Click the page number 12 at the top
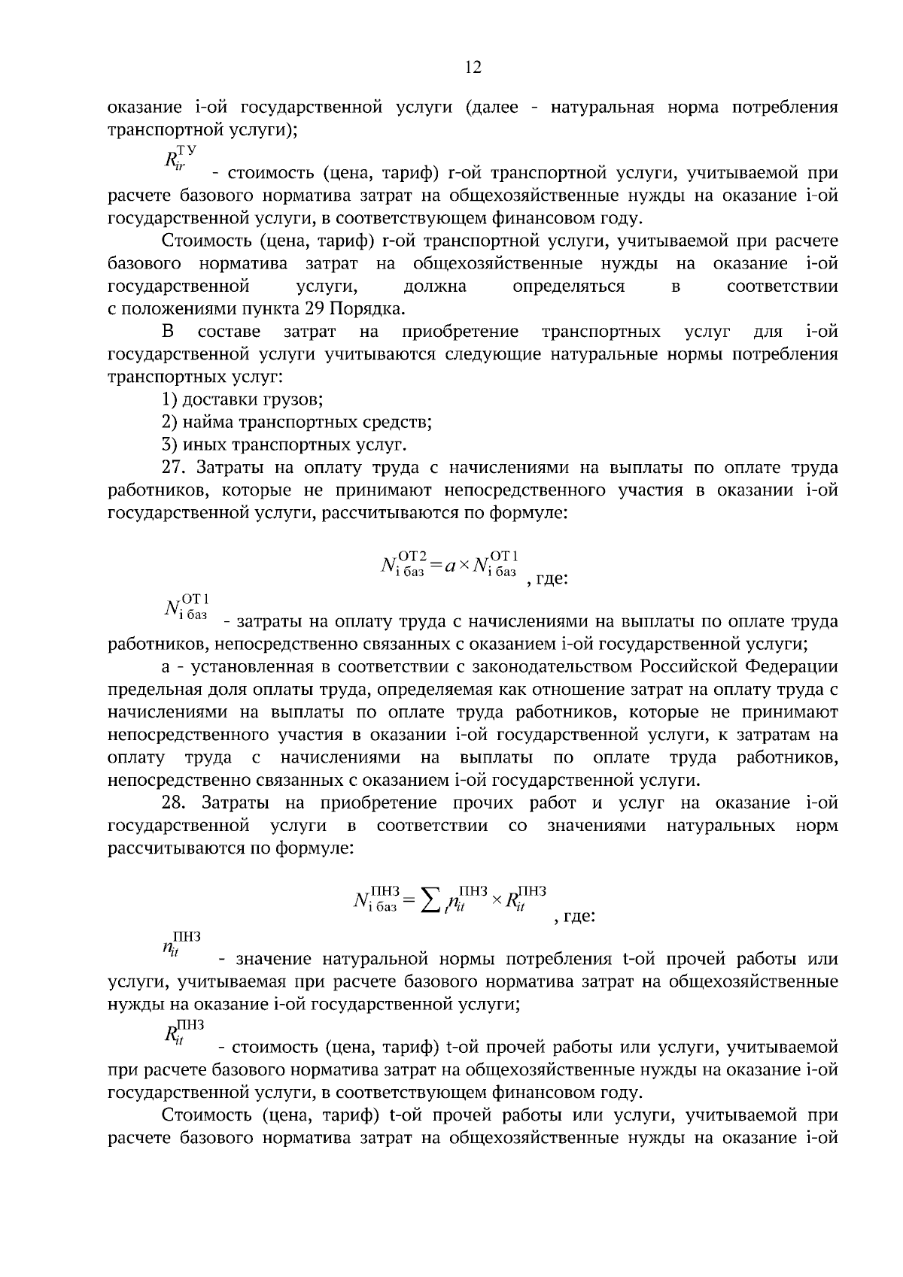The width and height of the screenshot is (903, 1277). [473, 68]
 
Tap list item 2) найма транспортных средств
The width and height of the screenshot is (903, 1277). [296, 422]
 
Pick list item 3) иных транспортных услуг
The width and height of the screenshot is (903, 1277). [284, 444]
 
